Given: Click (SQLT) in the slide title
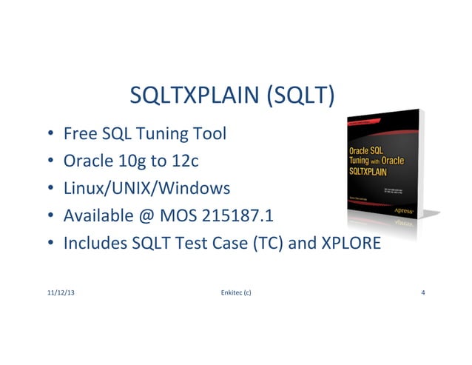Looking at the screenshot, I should tap(300, 96).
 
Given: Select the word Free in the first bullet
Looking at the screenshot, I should tap(78, 134).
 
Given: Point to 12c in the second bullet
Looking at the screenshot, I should tap(184, 161).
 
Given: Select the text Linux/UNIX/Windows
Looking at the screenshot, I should tap(147, 188).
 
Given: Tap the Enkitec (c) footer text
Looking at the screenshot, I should tap(236, 293).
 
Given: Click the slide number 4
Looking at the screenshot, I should tap(422, 293).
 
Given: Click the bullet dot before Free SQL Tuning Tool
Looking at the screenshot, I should tap(50, 135).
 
